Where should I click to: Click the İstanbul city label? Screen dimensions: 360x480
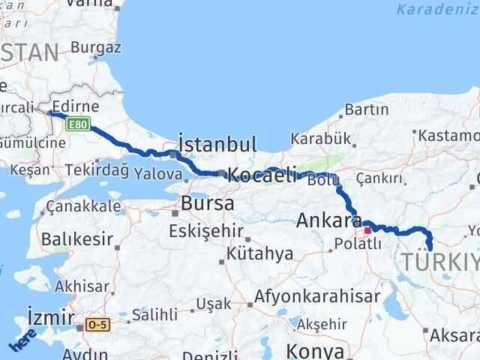coord(218,144)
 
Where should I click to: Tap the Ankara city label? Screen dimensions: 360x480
coord(330,220)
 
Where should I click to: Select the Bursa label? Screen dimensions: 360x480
coord(208,203)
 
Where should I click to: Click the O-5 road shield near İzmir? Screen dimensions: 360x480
coord(97,325)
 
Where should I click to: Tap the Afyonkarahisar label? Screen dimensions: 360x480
coord(317,295)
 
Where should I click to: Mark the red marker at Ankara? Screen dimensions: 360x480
coord(367,231)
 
